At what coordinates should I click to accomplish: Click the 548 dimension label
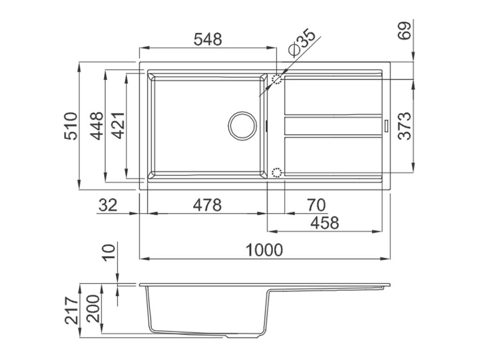(208, 39)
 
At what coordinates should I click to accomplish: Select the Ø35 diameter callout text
(302, 44)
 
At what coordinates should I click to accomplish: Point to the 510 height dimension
(71, 126)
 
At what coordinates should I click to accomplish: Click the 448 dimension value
(97, 126)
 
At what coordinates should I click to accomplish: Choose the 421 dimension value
(118, 126)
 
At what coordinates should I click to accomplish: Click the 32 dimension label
(108, 205)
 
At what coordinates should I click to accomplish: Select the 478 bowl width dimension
(207, 205)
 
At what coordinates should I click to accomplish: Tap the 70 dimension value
(316, 205)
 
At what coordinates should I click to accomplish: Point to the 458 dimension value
(325, 223)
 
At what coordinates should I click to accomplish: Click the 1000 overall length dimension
(265, 250)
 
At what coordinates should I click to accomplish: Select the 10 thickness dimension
(108, 252)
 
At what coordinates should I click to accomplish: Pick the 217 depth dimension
(71, 310)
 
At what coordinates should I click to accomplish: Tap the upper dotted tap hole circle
(277, 79)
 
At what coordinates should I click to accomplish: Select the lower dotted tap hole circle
(277, 173)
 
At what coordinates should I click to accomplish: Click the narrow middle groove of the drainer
(333, 126)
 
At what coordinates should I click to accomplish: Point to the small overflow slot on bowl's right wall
(266, 126)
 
